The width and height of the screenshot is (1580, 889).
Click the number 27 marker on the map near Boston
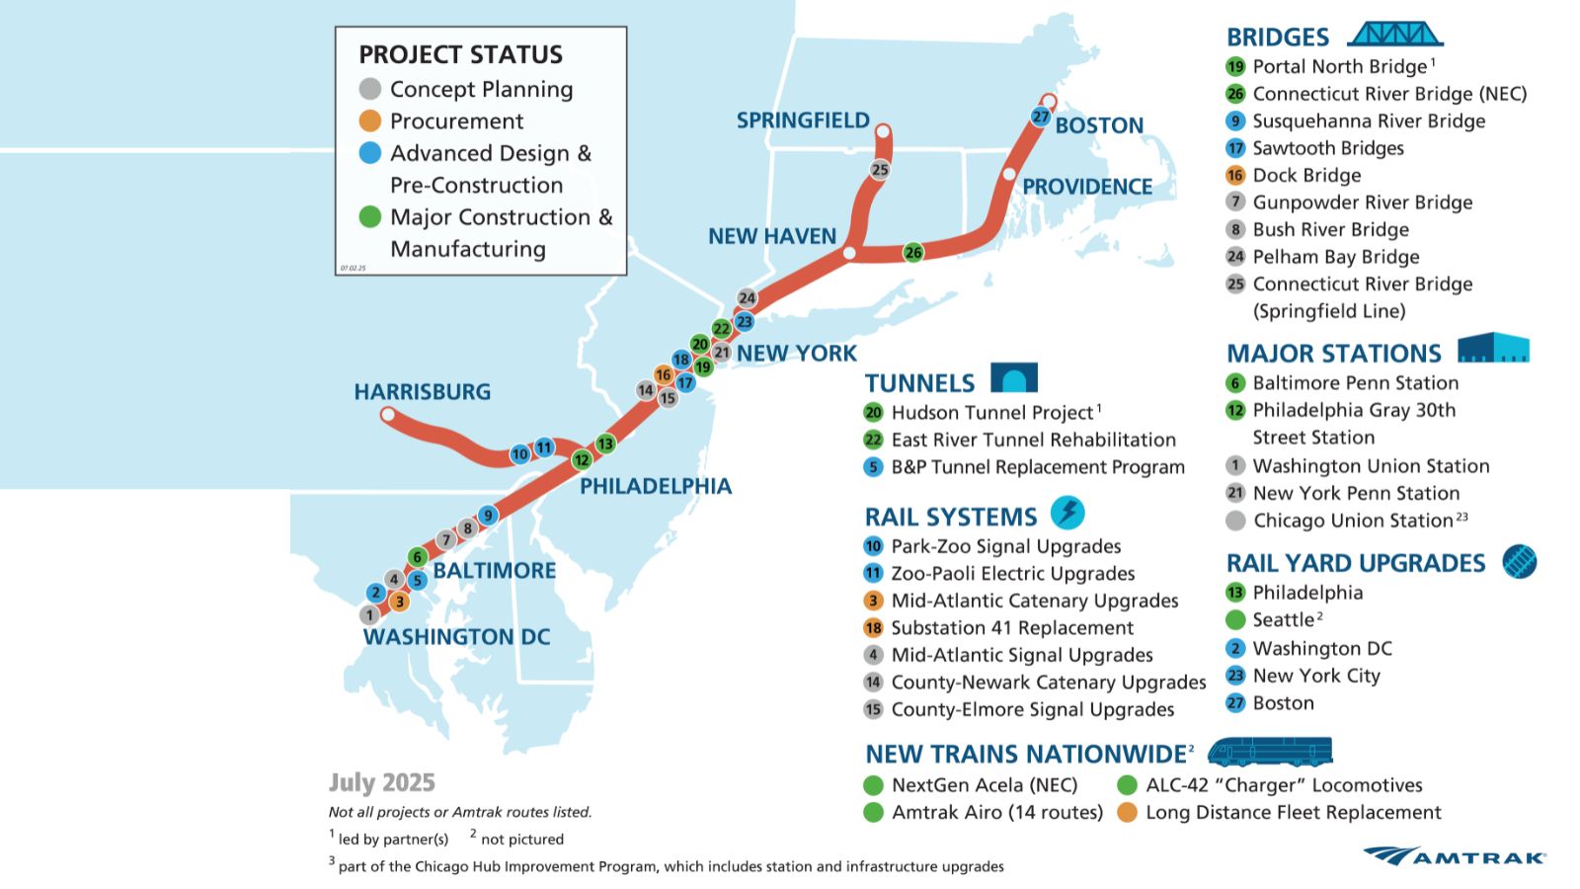1040,117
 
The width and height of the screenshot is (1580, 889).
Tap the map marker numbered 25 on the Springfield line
880,170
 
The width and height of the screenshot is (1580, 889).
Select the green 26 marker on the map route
913,253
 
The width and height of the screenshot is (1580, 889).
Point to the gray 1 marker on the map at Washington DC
369,615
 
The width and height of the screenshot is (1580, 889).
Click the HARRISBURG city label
423,392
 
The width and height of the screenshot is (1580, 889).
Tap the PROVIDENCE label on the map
1087,187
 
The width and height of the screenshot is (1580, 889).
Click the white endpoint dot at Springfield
883,130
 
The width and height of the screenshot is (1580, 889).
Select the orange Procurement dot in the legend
370,121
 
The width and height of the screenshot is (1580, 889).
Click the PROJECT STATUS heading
460,54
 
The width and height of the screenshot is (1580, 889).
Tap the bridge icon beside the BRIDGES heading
1395,35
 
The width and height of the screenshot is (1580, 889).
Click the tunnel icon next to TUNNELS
1014,378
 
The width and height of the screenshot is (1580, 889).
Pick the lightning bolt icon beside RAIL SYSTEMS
1067,513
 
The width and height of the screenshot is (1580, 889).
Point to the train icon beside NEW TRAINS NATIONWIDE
1270,752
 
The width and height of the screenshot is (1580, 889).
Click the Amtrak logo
1456,855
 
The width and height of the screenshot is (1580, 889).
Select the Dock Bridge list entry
1306,176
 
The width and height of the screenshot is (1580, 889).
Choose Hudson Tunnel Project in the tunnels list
992,413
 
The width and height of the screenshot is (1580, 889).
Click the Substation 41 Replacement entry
1012,628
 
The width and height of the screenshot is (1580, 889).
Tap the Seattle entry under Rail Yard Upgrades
1283,620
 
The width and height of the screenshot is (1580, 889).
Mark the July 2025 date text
382,783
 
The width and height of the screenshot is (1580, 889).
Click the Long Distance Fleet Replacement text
1293,813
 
